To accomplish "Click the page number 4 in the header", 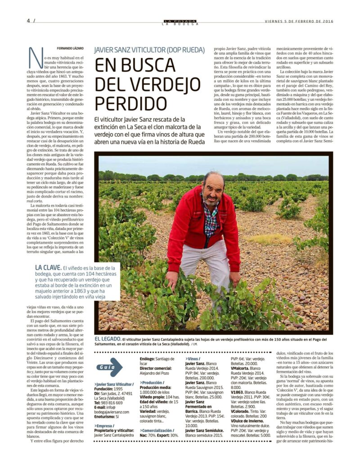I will click(28, 21).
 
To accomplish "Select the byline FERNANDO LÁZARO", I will click(70, 48).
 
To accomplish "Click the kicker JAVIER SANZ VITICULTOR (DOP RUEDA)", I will click(149, 50).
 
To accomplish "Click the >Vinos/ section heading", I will click(194, 359).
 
